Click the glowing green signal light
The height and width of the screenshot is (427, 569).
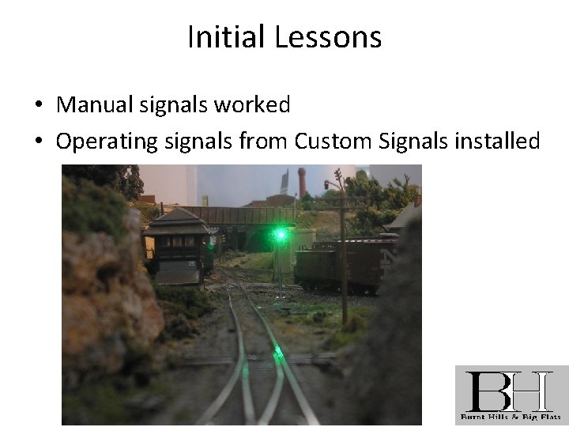point(279,234)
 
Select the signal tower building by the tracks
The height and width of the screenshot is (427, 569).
point(175,244)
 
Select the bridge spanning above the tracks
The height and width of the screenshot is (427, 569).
point(245,215)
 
